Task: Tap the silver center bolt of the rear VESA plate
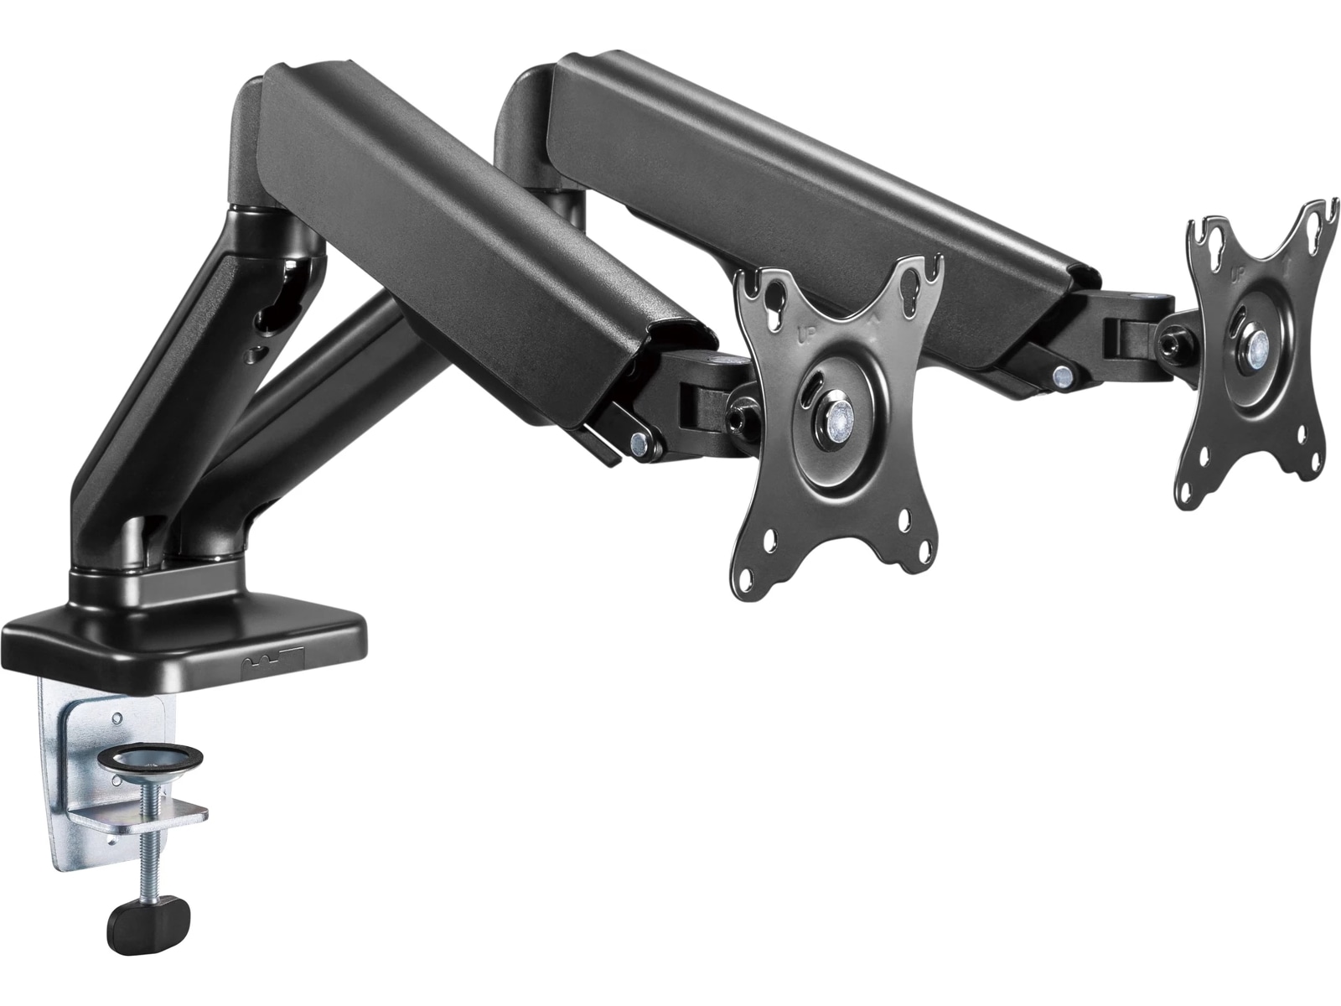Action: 1254,345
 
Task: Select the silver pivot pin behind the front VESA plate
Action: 640,441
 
